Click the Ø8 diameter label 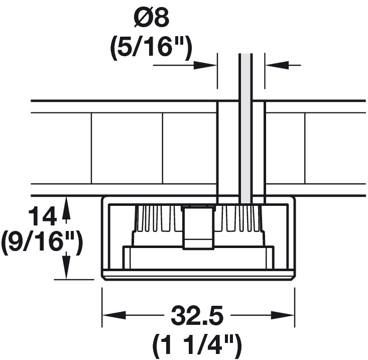[x=152, y=19]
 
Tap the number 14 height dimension [x=43, y=216]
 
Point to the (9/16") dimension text [x=42, y=243]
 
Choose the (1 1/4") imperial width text [x=197, y=344]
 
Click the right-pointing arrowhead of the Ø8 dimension [x=205, y=65]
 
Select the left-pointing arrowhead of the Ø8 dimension [x=277, y=65]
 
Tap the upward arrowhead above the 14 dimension [x=66, y=208]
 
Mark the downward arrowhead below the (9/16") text [x=66, y=268]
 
